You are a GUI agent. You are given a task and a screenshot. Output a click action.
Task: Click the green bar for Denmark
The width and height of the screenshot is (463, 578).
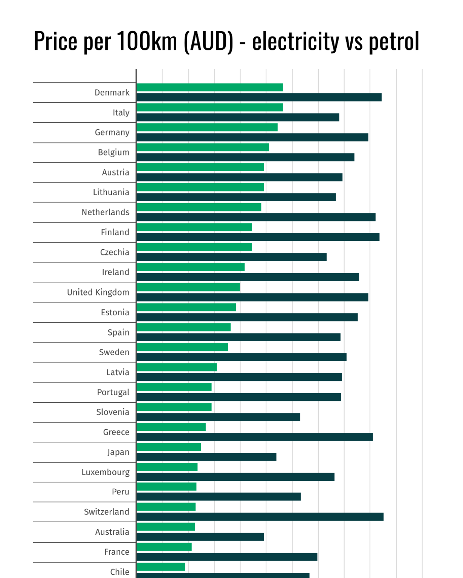point(209,87)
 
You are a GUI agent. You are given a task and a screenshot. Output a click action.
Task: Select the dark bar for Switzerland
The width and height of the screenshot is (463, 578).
point(260,517)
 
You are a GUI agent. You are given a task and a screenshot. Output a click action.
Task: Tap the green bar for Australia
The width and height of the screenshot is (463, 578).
point(166,527)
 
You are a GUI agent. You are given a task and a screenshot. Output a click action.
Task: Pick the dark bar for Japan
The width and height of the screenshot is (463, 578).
point(206,457)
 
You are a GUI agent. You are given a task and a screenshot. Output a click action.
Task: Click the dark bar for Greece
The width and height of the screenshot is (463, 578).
point(255,437)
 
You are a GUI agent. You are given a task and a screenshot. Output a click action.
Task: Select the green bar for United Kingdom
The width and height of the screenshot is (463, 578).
point(188,287)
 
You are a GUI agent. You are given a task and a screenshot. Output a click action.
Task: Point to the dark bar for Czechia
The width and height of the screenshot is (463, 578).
point(231,257)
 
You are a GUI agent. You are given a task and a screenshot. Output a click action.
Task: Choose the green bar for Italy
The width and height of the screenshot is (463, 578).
point(209,107)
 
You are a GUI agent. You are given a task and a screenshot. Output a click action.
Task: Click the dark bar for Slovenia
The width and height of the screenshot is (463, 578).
point(218,417)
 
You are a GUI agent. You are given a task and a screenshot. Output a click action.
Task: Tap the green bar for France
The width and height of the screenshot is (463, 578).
point(164,547)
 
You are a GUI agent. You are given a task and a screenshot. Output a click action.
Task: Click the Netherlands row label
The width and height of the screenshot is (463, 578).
point(105,212)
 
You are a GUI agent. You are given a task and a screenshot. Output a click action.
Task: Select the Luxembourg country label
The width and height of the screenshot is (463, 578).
point(105,472)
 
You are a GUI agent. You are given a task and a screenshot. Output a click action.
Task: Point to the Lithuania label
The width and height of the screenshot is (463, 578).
point(111,192)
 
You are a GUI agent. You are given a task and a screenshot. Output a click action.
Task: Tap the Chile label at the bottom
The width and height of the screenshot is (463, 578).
point(120,572)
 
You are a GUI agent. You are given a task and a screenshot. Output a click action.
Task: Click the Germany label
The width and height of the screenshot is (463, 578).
point(112,132)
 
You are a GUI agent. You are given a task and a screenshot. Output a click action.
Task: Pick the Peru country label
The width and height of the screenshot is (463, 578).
point(121,492)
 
